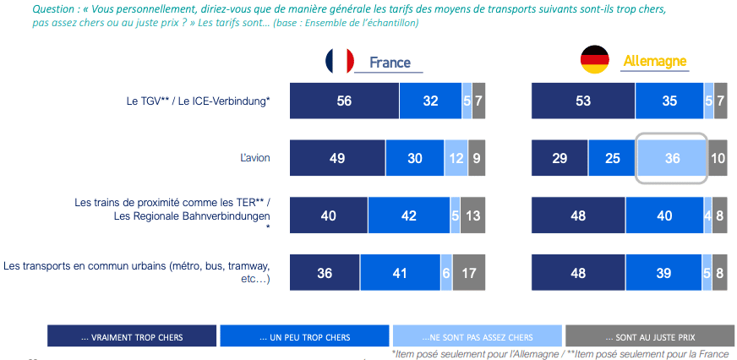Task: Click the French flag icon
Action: pyautogui.click(x=340, y=61)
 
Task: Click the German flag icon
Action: pyautogui.click(x=594, y=60)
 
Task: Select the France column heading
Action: pyautogui.click(x=390, y=63)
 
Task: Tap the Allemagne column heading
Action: pyautogui.click(x=654, y=61)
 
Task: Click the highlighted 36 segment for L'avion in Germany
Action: pyautogui.click(x=672, y=158)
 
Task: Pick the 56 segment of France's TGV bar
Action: pyautogui.click(x=344, y=101)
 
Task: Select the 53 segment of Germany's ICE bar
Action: pyautogui.click(x=583, y=101)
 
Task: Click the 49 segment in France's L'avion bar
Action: pyautogui.click(x=337, y=158)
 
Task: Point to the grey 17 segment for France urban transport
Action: pyautogui.click(x=469, y=273)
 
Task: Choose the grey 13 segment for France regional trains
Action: pyautogui.click(x=472, y=215)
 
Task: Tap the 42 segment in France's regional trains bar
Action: pyautogui.click(x=409, y=215)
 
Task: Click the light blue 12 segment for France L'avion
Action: pyautogui.click(x=456, y=158)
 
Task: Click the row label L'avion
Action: pyautogui.click(x=254, y=157)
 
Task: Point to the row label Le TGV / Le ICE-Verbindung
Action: pyautogui.click(x=198, y=101)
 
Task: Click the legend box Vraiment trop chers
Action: pyautogui.click(x=132, y=337)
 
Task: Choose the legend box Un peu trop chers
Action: pyautogui.click(x=304, y=337)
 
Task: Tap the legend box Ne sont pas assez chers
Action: pyautogui.click(x=477, y=337)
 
